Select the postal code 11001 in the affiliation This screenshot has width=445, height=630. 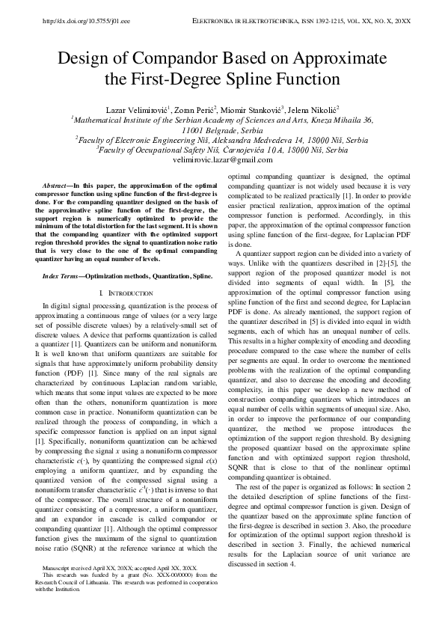(194, 129)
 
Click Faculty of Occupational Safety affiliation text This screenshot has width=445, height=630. (150, 150)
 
